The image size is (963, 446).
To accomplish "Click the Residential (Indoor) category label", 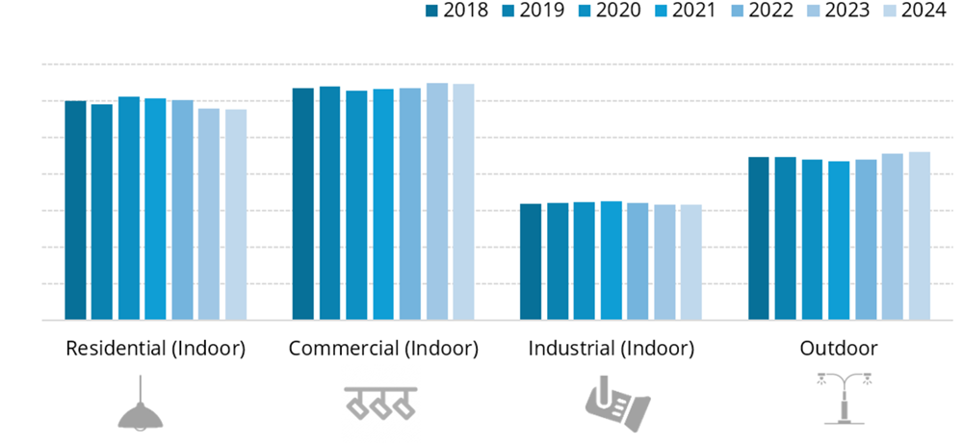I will click(x=155, y=349).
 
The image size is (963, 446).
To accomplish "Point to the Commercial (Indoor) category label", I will click(x=383, y=349).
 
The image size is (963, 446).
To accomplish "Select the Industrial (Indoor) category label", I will click(x=611, y=349).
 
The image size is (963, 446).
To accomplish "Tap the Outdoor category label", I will click(x=839, y=349).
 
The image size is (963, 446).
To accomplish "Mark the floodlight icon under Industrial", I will click(x=616, y=405).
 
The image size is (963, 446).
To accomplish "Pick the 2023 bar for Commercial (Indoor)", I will click(x=437, y=201).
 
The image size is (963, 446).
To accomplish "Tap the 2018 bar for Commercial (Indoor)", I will click(x=303, y=203).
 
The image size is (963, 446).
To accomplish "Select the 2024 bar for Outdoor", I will click(x=920, y=236).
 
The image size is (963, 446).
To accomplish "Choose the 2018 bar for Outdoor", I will click(x=759, y=238).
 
